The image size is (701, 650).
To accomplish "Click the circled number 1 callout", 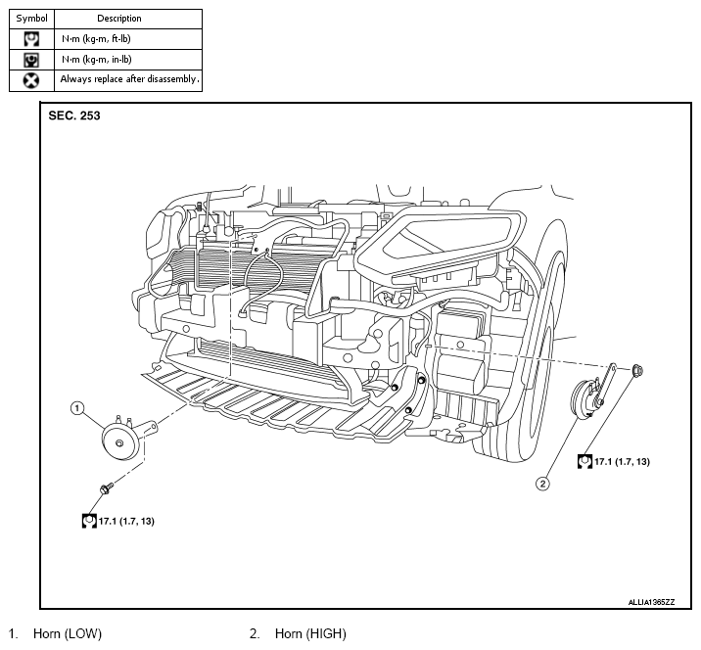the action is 77,408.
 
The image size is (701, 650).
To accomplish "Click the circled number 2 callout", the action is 542,484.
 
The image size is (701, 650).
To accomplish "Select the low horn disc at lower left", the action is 119,442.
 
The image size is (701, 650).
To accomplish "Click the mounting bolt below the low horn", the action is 106,488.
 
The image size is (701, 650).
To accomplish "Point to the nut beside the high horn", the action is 638,370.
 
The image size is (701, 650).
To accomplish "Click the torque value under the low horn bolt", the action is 126,521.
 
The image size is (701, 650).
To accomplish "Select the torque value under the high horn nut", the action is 622,461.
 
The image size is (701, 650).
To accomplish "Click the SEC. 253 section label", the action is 74,116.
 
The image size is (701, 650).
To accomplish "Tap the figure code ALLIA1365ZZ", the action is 651,602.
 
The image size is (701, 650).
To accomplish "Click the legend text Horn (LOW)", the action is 68,633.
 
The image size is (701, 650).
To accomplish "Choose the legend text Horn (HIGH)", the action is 310,633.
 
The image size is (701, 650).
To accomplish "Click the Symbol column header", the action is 31,19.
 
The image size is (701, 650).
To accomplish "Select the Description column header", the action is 119,19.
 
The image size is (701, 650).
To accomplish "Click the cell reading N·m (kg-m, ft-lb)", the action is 96,39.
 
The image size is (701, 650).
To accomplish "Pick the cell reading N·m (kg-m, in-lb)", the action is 97,60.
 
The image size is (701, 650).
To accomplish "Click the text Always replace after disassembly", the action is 129,79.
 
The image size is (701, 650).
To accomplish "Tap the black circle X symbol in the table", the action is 31,80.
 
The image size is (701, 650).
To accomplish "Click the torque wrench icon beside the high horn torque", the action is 584,461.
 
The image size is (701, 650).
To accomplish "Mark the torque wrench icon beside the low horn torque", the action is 89,521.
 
